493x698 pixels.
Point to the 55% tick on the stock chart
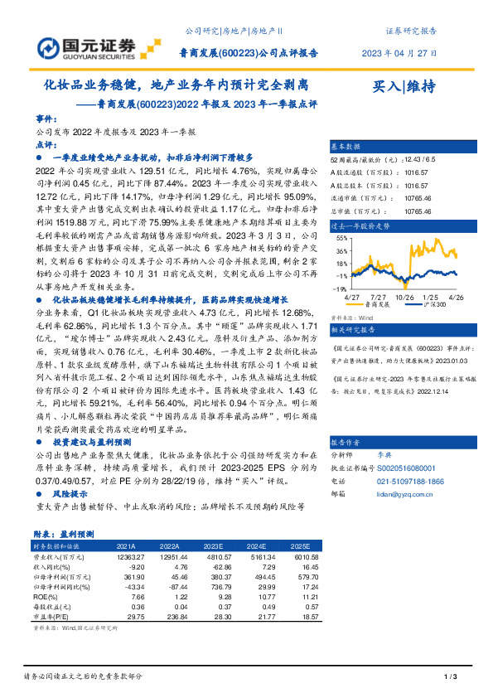341,238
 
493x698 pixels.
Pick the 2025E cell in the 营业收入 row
305,559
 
